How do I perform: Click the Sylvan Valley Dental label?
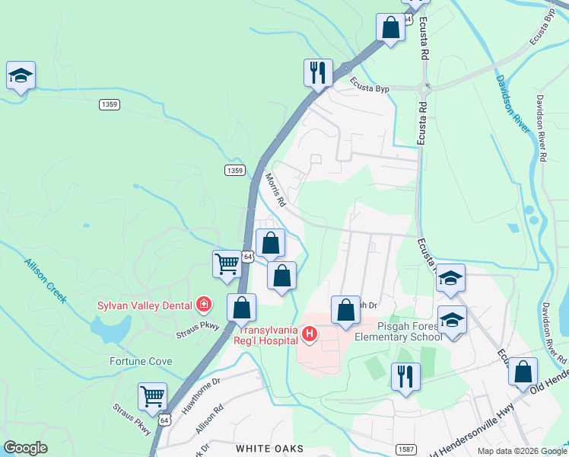tap(144, 305)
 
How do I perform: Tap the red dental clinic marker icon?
tap(203, 305)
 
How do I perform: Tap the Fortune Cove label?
tap(141, 361)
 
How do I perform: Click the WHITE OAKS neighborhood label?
tap(269, 449)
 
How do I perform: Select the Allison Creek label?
tap(45, 280)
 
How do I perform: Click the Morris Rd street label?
tap(275, 190)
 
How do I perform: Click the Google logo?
tap(24, 448)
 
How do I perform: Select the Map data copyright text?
tap(522, 450)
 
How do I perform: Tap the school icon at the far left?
tap(21, 75)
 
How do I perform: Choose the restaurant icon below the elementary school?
tap(405, 376)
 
